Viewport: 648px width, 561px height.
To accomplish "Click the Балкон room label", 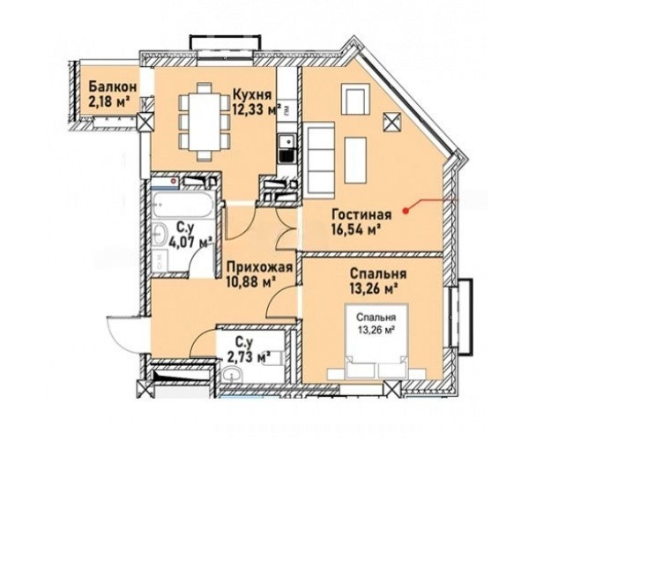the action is tap(113, 86).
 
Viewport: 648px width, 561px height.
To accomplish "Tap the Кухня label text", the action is tap(252, 94).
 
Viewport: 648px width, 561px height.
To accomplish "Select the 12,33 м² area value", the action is tap(257, 110).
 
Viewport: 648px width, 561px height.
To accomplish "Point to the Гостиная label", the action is tap(361, 215).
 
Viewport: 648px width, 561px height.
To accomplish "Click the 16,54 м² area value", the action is tap(356, 230).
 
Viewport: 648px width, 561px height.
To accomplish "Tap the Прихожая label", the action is tap(259, 267).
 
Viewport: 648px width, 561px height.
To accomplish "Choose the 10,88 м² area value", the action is tap(251, 282).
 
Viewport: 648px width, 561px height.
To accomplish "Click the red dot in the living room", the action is tap(406, 211).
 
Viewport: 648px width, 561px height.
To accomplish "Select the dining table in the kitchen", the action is tap(205, 122).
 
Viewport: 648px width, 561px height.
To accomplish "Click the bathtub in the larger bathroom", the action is tap(182, 205).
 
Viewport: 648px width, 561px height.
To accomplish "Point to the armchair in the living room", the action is tap(355, 99).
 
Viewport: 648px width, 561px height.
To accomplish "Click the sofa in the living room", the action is tap(321, 157).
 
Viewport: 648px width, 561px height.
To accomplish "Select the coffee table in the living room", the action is tap(355, 161).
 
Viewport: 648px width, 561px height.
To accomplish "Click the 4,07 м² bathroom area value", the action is tap(190, 242).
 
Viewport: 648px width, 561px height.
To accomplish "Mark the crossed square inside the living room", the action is tap(392, 122).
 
